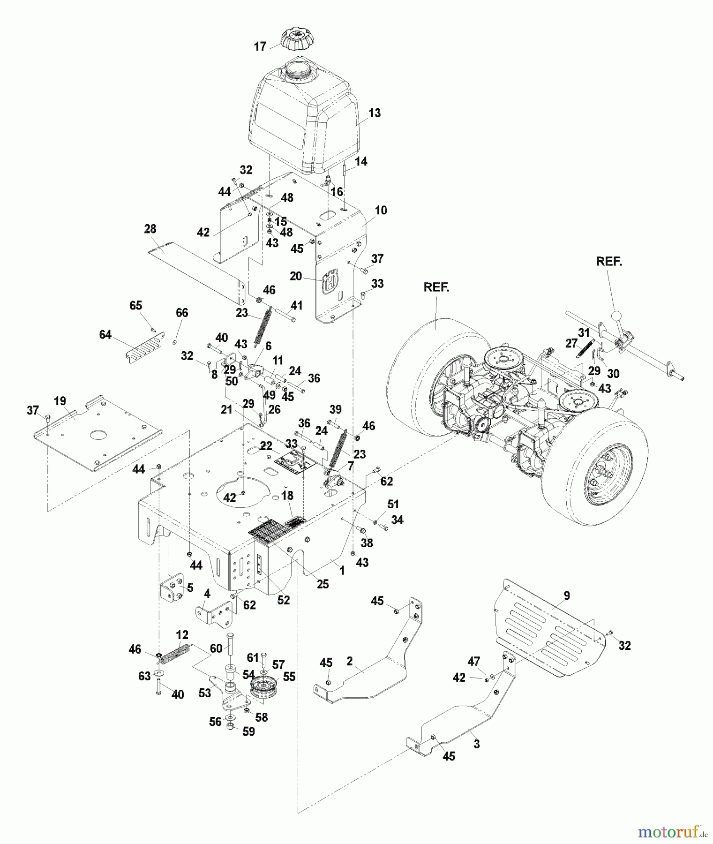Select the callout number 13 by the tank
click(x=374, y=113)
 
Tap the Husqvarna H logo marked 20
click(x=330, y=280)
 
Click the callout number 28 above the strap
click(x=150, y=229)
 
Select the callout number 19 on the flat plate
click(x=60, y=401)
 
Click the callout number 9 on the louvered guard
click(x=567, y=595)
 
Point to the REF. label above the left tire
click(x=436, y=287)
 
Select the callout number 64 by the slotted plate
click(x=105, y=334)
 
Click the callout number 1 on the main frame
click(x=342, y=570)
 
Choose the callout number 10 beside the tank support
click(x=381, y=210)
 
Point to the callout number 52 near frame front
click(x=283, y=600)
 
